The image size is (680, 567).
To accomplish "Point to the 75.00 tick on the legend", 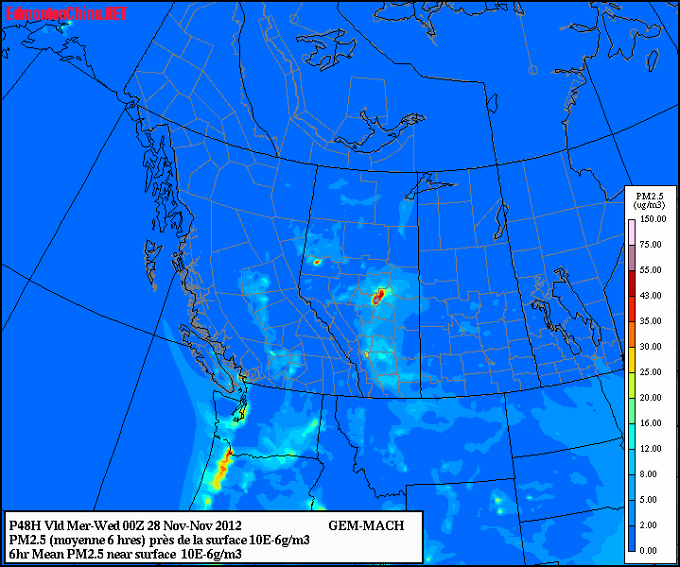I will (x=651, y=245).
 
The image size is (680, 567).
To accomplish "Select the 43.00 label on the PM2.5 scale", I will (x=651, y=296).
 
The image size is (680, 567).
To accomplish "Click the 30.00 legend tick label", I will (x=651, y=346).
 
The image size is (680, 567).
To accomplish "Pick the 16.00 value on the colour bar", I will (x=651, y=422).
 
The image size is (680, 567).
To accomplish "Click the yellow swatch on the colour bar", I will (x=631, y=359).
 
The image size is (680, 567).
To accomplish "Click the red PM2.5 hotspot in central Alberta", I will (x=380, y=297).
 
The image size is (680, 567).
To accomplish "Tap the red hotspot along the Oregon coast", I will (x=225, y=463).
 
